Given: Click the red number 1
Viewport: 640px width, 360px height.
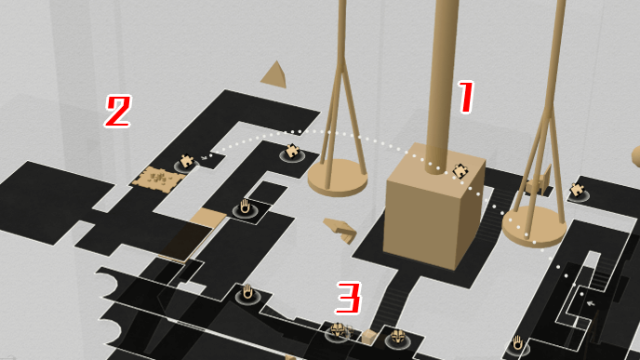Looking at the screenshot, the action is click(x=466, y=97).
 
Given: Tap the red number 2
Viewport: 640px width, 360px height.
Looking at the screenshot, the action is click(x=118, y=111).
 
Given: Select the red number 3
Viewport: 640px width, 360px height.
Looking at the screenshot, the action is click(x=349, y=298).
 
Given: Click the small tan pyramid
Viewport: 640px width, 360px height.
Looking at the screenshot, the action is click(x=274, y=73).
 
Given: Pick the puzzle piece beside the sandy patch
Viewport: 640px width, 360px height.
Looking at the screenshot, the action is click(x=187, y=161).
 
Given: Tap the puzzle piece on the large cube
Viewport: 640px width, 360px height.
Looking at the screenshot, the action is click(x=460, y=171).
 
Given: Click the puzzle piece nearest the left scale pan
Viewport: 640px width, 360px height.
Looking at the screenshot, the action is click(x=292, y=151).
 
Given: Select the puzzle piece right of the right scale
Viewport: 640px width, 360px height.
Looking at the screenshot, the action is click(x=577, y=190).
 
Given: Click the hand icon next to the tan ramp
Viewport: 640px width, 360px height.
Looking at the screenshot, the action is click(x=245, y=207).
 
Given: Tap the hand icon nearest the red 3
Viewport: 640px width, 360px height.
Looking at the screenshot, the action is click(x=247, y=292).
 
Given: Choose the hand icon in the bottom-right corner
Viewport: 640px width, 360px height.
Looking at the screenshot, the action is click(x=517, y=343).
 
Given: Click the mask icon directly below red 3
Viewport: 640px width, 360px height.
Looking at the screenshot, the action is click(x=338, y=330).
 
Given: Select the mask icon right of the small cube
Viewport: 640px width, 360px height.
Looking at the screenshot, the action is click(x=397, y=337).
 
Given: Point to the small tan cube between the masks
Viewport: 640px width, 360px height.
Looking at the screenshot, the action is click(x=369, y=337).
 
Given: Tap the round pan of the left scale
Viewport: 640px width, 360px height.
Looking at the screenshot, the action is click(x=338, y=178).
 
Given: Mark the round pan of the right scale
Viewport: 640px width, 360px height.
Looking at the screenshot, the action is click(x=534, y=227).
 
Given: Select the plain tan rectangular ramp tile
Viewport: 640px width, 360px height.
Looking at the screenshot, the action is click(x=207, y=217).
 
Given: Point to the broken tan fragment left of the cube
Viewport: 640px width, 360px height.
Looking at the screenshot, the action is click(x=340, y=230).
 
